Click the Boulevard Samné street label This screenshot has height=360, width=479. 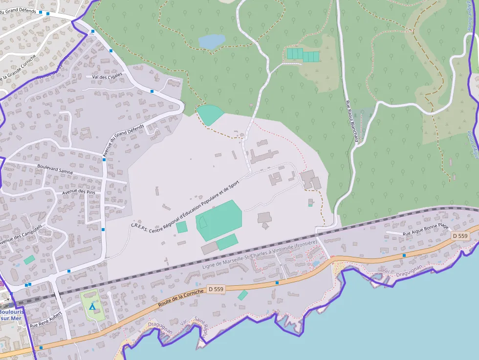55,169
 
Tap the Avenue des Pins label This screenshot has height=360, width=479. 78,191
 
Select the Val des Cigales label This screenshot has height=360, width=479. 107,77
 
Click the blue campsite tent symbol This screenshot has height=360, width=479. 92,306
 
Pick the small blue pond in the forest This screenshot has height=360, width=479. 212,41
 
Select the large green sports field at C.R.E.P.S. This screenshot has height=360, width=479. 219,220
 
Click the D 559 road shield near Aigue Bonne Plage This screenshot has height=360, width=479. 460,236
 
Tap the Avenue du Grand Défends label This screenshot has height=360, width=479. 123,141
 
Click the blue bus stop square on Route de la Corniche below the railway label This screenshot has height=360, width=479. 277,282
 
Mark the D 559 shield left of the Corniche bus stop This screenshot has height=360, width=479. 216,289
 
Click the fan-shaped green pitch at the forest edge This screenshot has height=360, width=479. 210,114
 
